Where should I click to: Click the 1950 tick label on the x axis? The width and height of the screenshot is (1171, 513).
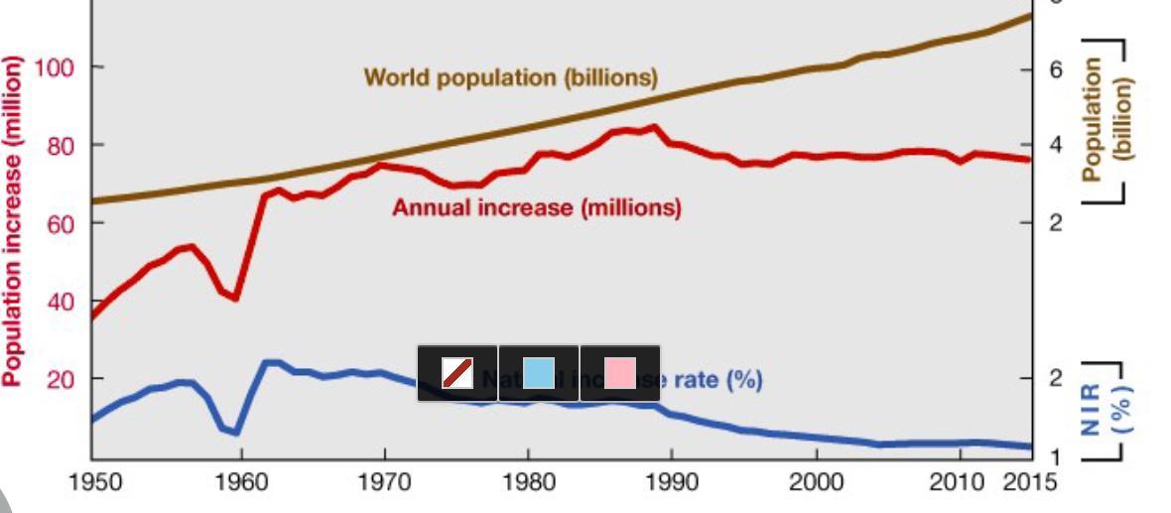pyautogui.click(x=96, y=483)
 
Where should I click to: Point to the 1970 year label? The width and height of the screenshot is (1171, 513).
pyautogui.click(x=384, y=483)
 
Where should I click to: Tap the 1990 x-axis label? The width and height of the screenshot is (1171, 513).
pyautogui.click(x=672, y=483)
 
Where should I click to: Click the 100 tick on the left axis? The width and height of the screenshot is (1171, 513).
pyautogui.click(x=50, y=67)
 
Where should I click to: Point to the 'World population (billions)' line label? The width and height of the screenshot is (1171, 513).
pyautogui.click(x=510, y=76)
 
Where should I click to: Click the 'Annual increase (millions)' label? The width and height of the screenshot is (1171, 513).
pyautogui.click(x=536, y=208)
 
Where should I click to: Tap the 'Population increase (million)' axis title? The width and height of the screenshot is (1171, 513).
pyautogui.click(x=13, y=220)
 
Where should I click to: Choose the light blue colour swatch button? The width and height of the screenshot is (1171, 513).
pyautogui.click(x=539, y=373)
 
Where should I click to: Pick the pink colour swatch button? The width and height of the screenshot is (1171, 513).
pyautogui.click(x=620, y=373)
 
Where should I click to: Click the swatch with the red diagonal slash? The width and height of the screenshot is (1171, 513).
pyautogui.click(x=457, y=373)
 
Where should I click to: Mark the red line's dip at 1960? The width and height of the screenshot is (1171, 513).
pyautogui.click(x=235, y=298)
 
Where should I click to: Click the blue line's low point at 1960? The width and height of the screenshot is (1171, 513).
pyautogui.click(x=235, y=433)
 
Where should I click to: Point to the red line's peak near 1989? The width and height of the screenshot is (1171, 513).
pyautogui.click(x=653, y=127)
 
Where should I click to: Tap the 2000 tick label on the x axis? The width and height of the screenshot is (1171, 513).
pyautogui.click(x=816, y=483)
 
